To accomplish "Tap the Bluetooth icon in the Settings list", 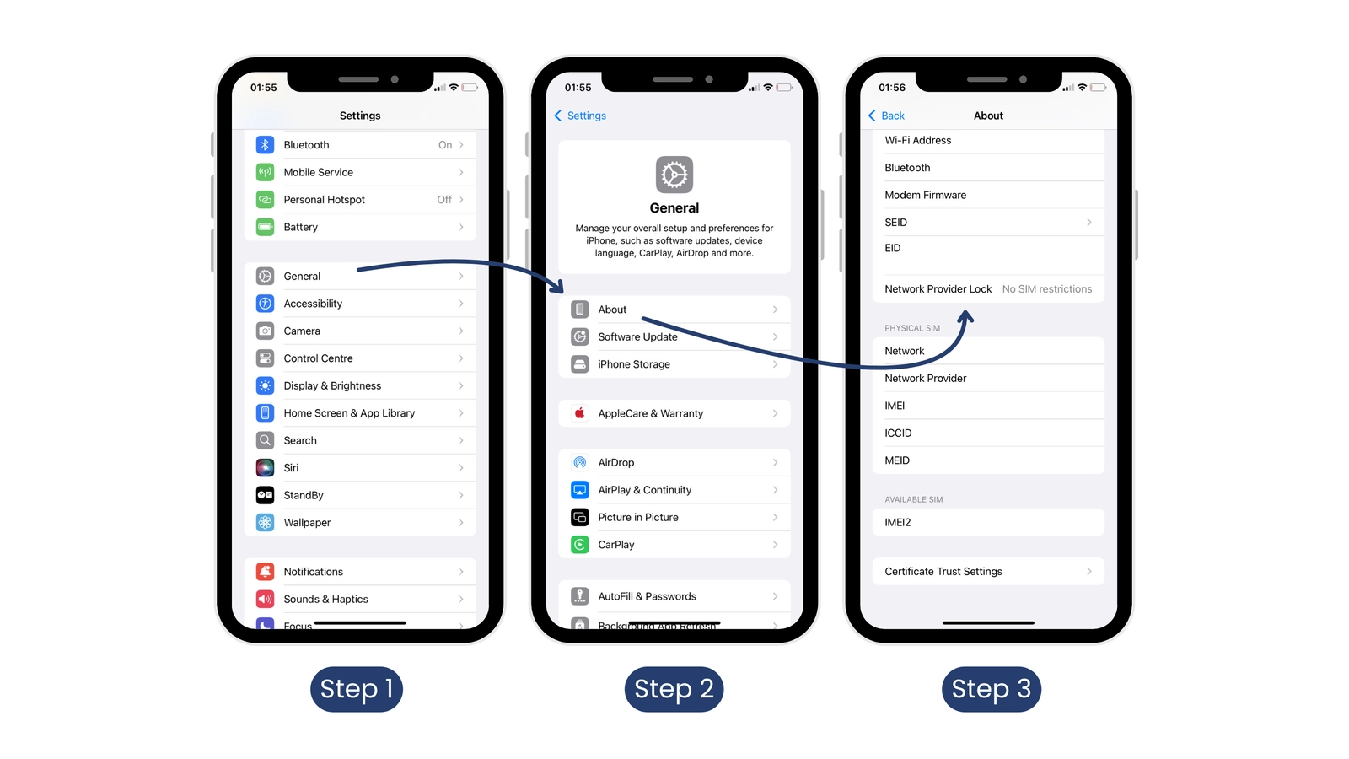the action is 265,144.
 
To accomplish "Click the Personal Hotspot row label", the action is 324,199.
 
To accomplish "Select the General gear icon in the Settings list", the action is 265,276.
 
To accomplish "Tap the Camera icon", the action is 265,331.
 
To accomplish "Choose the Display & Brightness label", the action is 332,385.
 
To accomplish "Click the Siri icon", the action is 265,467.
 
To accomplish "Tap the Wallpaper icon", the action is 265,522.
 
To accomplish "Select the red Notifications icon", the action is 265,571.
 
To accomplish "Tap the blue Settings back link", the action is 580,116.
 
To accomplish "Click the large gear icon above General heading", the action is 674,175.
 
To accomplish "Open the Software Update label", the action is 637,336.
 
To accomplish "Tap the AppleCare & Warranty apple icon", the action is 579,413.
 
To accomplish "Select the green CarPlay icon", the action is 579,545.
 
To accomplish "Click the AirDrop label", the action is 616,463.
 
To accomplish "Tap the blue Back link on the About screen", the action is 886,116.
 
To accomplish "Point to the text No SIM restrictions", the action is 1047,289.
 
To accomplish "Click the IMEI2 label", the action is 898,522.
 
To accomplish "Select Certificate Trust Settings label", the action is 943,572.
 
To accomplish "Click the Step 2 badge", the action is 674,689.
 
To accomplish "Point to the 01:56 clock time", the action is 892,88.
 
